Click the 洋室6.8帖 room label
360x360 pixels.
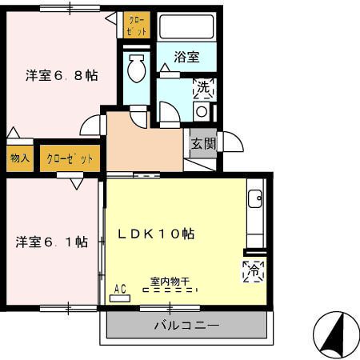62,76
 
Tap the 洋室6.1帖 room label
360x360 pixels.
51,242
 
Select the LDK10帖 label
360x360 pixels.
157,234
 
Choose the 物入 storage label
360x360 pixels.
20,158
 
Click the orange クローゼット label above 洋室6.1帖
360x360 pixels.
70,158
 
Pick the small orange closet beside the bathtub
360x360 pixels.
137,26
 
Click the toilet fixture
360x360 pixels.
136,69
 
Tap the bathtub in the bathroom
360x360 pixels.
186,27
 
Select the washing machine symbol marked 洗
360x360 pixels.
203,86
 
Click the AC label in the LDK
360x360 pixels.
121,290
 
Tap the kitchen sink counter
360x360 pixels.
255,213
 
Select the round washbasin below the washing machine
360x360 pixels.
202,111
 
